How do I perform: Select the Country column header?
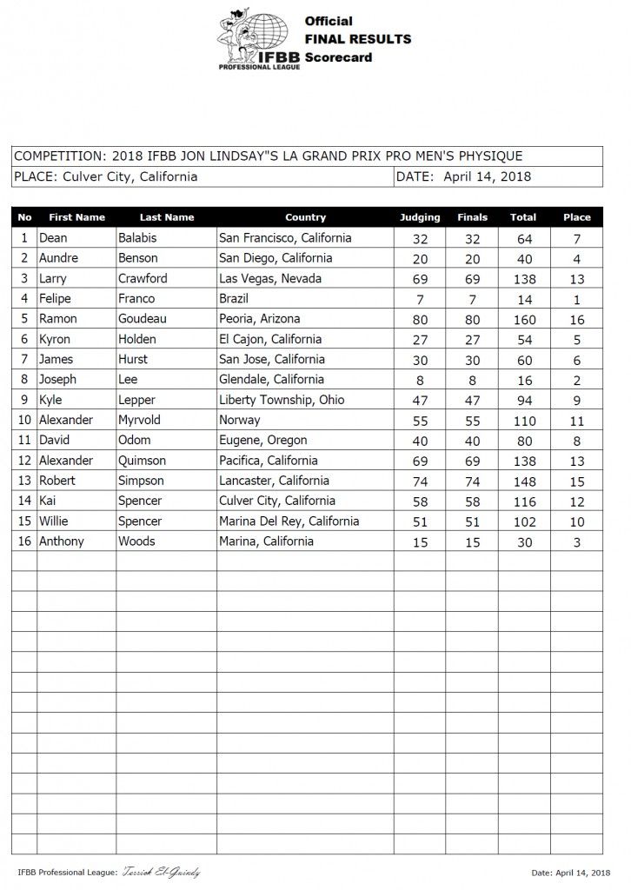pos(305,217)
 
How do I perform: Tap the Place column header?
pos(576,217)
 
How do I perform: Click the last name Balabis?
pos(140,238)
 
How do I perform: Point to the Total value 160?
pos(523,319)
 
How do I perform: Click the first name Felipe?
pos(58,299)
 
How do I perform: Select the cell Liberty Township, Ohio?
pos(282,400)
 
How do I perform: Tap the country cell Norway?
pos(240,420)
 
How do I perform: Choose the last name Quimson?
pos(145,461)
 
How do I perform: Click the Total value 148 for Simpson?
pos(523,481)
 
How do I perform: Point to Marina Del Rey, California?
pos(289,521)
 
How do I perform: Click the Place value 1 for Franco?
pos(576,299)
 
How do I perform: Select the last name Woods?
pos(138,541)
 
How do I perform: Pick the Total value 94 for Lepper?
pos(523,400)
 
